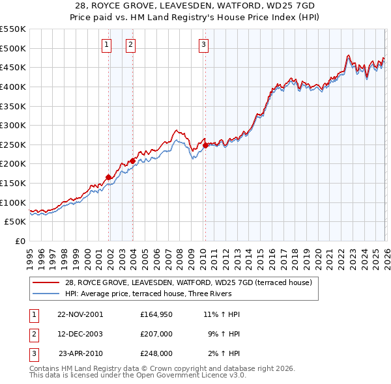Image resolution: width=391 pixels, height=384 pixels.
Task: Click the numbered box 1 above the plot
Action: [106, 44]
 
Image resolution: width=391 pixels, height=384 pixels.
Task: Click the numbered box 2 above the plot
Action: [130, 44]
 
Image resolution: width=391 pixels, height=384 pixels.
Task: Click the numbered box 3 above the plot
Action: [203, 44]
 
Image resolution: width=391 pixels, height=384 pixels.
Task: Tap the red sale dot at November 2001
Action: [108, 176]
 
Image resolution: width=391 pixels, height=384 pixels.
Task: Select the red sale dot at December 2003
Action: [132, 161]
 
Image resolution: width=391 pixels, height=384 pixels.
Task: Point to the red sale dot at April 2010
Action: [205, 145]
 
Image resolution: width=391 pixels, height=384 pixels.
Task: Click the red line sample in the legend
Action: [46, 282]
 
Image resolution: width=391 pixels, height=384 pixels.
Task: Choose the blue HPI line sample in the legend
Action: [46, 294]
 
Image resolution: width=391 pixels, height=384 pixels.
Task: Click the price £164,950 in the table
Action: [156, 314]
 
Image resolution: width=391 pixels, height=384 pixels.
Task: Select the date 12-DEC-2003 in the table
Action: [80, 334]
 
